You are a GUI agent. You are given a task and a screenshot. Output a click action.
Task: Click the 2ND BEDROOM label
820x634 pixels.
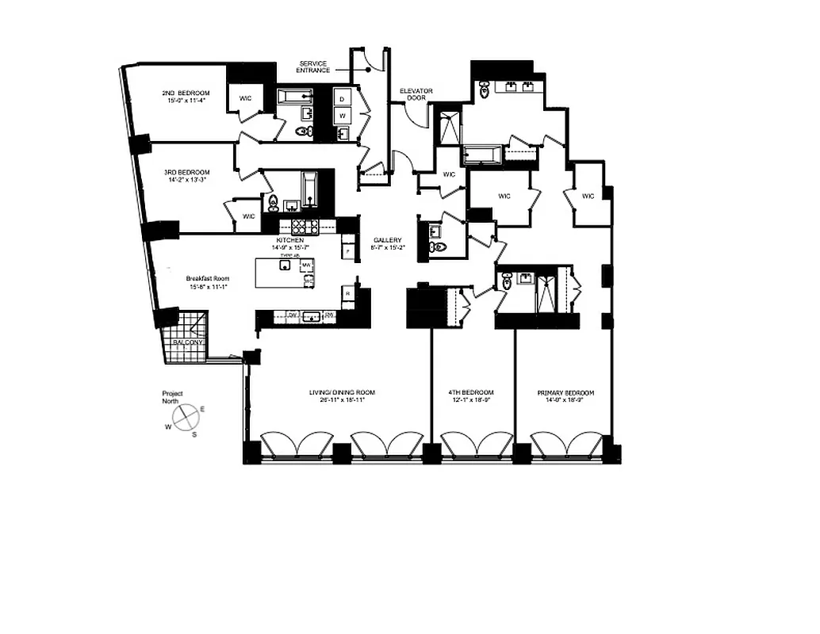187,93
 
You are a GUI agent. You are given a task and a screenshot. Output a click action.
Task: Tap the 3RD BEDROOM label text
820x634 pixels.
186,173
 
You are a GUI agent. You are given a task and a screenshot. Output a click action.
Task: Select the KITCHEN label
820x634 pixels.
289,240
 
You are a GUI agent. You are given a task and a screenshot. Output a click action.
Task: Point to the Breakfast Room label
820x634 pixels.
208,278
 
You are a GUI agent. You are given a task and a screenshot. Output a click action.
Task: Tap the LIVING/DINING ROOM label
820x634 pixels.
342,392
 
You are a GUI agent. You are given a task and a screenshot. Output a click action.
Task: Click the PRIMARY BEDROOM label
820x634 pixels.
565,392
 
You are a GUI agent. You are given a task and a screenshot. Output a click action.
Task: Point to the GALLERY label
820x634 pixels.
389,240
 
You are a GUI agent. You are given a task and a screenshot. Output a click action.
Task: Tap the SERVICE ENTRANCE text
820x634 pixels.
313,67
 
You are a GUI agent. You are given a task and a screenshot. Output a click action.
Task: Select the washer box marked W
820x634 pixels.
343,116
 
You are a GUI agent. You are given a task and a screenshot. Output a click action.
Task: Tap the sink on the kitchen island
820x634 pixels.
283,266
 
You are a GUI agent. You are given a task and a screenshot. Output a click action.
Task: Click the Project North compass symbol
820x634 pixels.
187,417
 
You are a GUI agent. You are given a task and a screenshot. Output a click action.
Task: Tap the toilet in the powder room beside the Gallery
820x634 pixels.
437,247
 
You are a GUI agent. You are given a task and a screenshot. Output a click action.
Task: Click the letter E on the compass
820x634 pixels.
202,409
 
